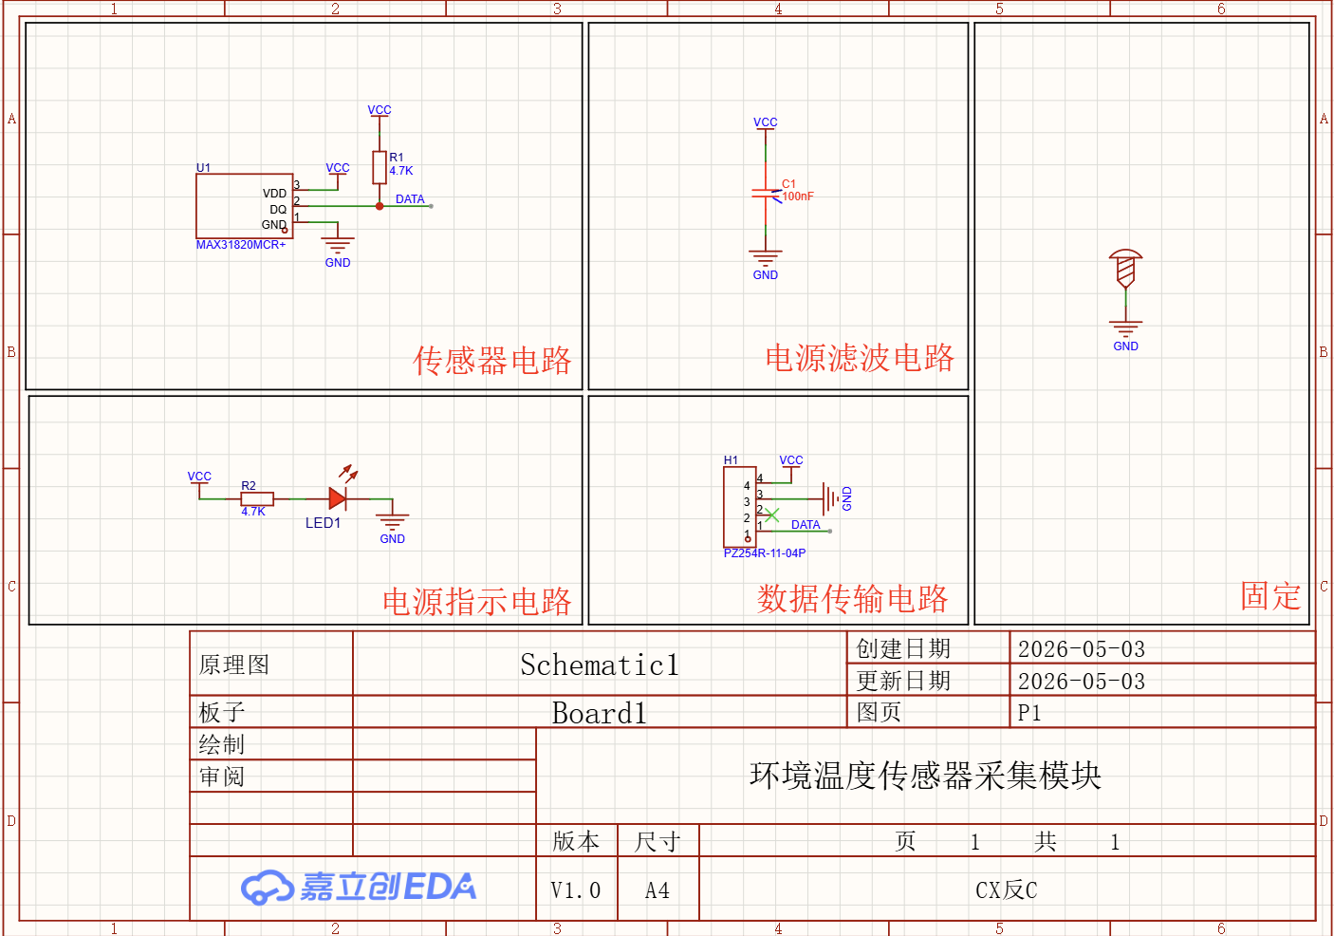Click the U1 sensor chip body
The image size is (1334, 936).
coord(244,206)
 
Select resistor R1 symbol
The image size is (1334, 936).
coord(380,167)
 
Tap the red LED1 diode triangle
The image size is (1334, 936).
coord(337,498)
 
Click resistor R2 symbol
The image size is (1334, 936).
coord(257,498)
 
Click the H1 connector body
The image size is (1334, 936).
coord(740,507)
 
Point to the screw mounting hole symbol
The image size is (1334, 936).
coord(1125,268)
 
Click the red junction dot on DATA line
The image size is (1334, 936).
coord(380,206)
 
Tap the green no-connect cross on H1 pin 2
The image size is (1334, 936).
coord(771,515)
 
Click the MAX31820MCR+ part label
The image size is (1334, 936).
coord(241,245)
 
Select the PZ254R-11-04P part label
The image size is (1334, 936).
coord(765,552)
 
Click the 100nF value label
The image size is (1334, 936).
coord(798,197)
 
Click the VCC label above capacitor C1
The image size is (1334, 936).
coord(766,122)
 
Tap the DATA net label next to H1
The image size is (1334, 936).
coord(806,524)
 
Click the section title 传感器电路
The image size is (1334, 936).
coord(491,361)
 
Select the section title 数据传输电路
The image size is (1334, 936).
coord(852,599)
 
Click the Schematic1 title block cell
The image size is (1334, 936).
coord(600,664)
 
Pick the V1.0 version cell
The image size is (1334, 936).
coord(576,889)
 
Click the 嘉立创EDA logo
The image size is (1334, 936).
coord(359,887)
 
